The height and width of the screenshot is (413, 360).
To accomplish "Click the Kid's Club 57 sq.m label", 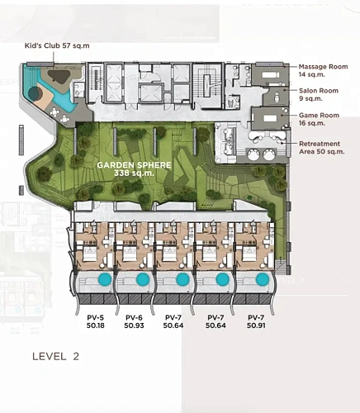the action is tap(57, 45).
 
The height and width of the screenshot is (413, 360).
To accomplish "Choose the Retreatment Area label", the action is tap(322, 148).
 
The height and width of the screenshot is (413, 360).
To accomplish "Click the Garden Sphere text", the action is tap(134, 165).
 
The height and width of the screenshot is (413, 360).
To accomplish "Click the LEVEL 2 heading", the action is tap(55, 356).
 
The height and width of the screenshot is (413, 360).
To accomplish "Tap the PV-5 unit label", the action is tap(96, 317).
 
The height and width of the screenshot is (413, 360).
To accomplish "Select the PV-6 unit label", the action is tap(134, 317).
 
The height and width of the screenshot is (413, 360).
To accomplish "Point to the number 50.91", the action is tap(256, 325).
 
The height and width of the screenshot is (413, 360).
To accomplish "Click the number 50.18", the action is tap(96, 325).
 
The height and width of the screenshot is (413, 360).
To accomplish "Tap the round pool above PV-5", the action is tap(105, 279).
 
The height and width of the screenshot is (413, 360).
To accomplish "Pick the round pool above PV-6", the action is tap(143, 279).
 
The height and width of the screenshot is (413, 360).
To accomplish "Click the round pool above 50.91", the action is tap(263, 279).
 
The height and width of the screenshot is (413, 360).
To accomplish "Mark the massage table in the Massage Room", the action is tap(271, 74).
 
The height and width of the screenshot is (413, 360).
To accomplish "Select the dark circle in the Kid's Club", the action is tap(35, 94).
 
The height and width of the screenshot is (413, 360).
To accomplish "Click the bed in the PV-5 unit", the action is tap(88, 254).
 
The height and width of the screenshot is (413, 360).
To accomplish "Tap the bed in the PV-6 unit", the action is tap(129, 254).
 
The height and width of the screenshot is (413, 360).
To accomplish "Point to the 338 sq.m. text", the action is tap(134, 173).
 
